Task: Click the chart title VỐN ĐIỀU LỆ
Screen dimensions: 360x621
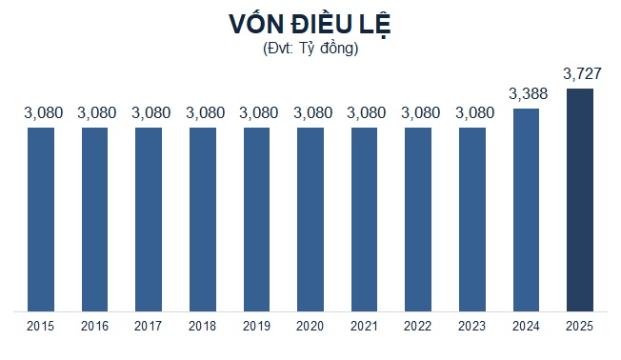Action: click(310, 24)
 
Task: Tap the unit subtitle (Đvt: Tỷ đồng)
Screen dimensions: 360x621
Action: click(310, 49)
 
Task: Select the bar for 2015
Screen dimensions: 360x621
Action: click(42, 218)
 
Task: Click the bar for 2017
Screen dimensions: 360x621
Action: click(149, 218)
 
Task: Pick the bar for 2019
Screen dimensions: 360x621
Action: click(257, 218)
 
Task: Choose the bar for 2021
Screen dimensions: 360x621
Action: click(365, 218)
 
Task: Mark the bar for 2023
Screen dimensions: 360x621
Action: click(472, 218)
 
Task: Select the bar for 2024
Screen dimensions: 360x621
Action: click(526, 210)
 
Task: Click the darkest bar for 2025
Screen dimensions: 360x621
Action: click(580, 199)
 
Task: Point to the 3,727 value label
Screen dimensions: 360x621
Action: click(580, 73)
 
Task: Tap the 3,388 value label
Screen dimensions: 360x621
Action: click(526, 93)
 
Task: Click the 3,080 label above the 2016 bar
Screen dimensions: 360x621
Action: click(95, 113)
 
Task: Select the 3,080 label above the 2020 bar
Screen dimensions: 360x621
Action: click(310, 113)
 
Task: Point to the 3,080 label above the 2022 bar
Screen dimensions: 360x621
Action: click(418, 113)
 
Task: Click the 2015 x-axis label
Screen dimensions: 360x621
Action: click(42, 327)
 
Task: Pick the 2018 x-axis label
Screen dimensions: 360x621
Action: click(203, 327)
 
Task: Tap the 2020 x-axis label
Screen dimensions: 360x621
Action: click(310, 327)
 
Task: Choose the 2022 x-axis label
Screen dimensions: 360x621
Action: click(418, 327)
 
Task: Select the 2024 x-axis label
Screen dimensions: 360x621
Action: click(526, 327)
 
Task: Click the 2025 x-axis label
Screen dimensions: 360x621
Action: click(580, 327)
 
